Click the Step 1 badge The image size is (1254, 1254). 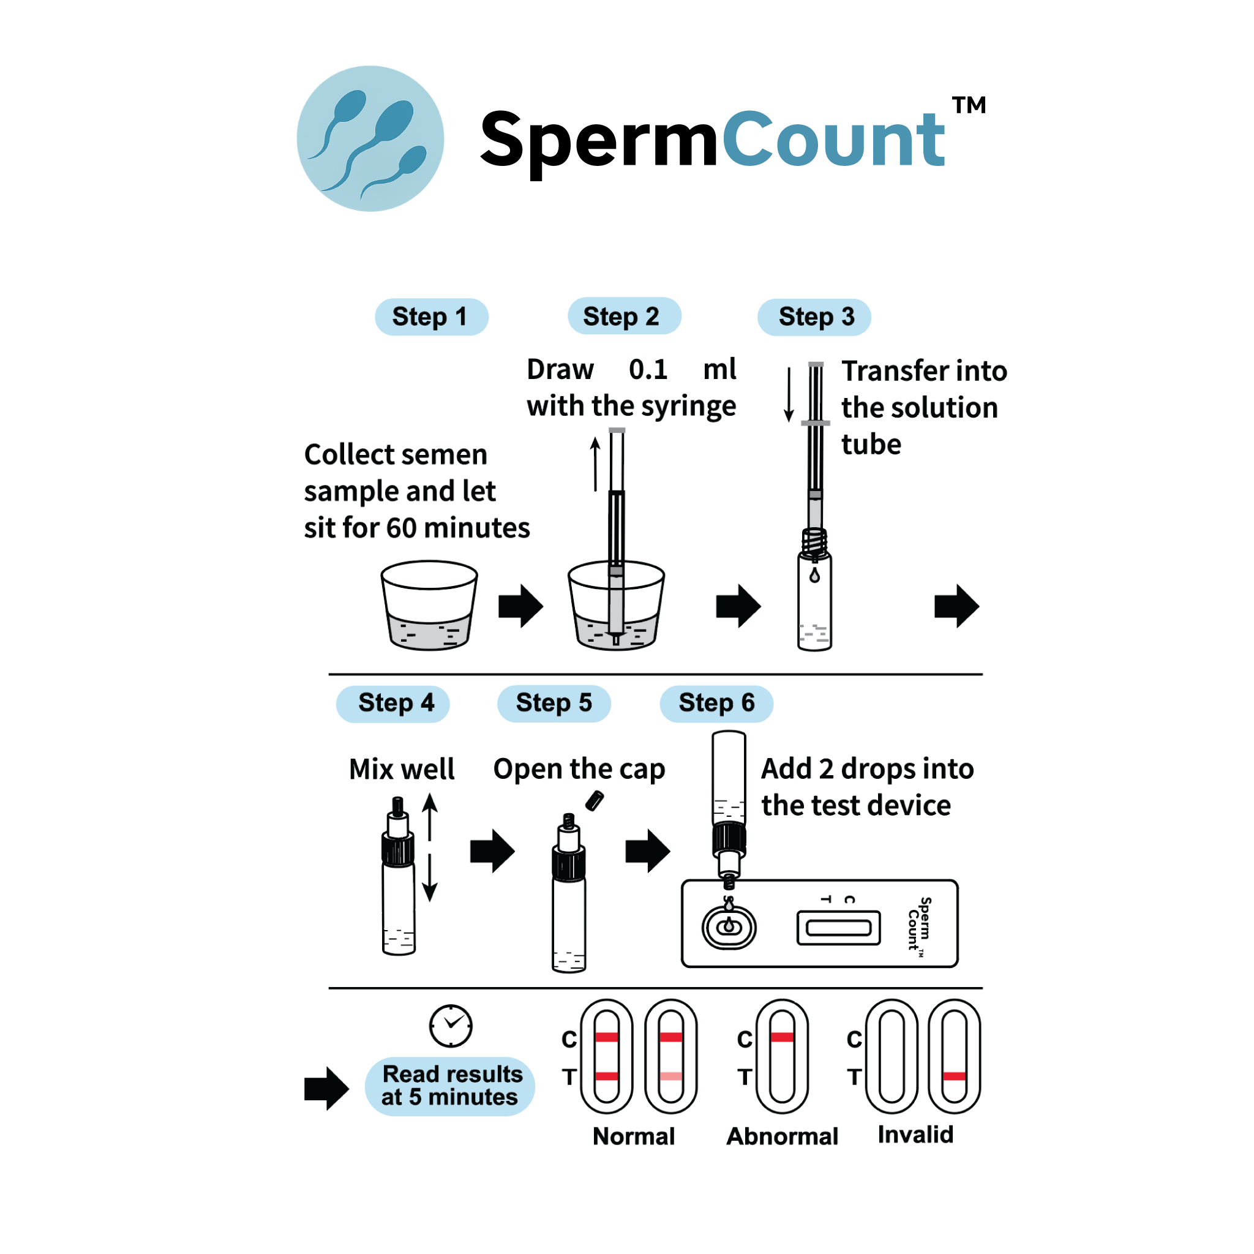(x=431, y=317)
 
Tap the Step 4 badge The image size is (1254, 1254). (x=392, y=704)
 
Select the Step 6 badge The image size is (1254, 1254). (x=716, y=704)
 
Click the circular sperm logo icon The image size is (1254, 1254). (x=370, y=139)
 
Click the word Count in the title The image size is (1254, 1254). (x=833, y=140)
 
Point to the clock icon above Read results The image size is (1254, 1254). (x=451, y=1026)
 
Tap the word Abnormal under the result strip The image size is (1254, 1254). (x=782, y=1136)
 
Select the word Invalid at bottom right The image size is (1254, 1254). (x=915, y=1135)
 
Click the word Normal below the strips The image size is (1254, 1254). (x=634, y=1136)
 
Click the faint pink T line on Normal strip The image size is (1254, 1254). (x=670, y=1076)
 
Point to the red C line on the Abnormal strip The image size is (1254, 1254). (x=781, y=1037)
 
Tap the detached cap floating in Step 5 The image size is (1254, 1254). (x=595, y=801)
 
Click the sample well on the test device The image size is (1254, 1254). (x=729, y=927)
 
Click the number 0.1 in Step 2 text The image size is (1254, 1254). (x=648, y=369)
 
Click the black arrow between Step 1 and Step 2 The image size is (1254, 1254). (x=520, y=606)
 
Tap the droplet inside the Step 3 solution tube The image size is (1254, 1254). (x=814, y=575)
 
